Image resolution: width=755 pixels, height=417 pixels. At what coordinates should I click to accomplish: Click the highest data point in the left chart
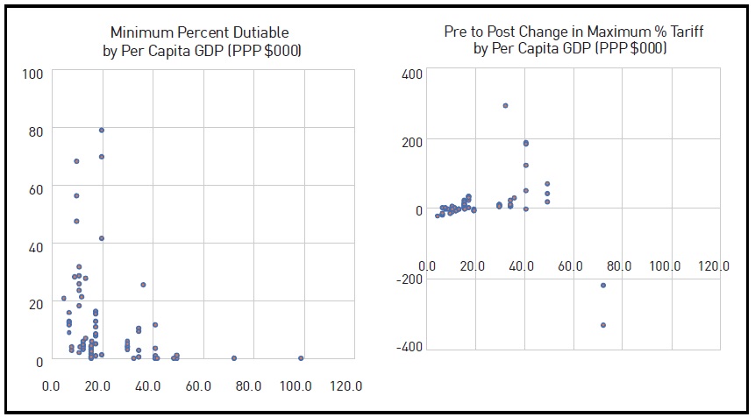coord(102,130)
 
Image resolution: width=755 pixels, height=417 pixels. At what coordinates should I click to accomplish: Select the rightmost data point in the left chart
coord(301,358)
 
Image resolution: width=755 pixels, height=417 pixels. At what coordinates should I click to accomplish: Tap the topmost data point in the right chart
coord(505,105)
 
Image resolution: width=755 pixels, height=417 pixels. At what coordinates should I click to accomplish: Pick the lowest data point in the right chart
coord(603,325)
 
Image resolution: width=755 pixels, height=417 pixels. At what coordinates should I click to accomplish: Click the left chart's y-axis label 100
coord(32,73)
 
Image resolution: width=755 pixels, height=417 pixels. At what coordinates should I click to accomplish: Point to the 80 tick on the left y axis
coord(35,130)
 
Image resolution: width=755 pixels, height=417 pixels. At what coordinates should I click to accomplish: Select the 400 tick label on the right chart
coord(412,74)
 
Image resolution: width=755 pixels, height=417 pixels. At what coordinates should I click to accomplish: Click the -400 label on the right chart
coord(410,348)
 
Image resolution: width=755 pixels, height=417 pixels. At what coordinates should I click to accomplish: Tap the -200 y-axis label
coord(410,279)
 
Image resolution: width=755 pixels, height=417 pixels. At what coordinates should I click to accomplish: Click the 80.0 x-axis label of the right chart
coord(620,265)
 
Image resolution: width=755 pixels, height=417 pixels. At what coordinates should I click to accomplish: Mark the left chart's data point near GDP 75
coord(234,358)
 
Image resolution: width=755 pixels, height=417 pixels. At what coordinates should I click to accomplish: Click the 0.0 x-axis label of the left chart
coord(52,385)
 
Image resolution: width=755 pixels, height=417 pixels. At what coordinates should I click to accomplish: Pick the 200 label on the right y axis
coord(412,142)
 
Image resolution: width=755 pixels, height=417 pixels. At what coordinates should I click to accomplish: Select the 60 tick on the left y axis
coord(35,187)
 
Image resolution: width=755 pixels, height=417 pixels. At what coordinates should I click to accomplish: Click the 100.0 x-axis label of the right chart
coord(666,265)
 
